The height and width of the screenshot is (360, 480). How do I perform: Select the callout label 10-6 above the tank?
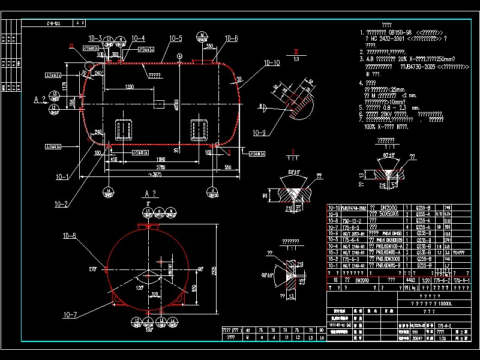click(231, 38)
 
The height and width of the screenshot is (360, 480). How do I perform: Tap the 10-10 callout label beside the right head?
click(272, 62)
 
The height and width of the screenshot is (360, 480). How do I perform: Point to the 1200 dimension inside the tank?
click(125, 88)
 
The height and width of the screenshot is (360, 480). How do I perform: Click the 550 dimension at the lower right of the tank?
click(227, 167)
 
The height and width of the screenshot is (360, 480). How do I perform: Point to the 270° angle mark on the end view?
click(92, 269)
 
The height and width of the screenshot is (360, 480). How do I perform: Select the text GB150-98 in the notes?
click(400, 32)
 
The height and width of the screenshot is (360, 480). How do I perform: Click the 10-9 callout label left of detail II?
click(259, 133)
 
